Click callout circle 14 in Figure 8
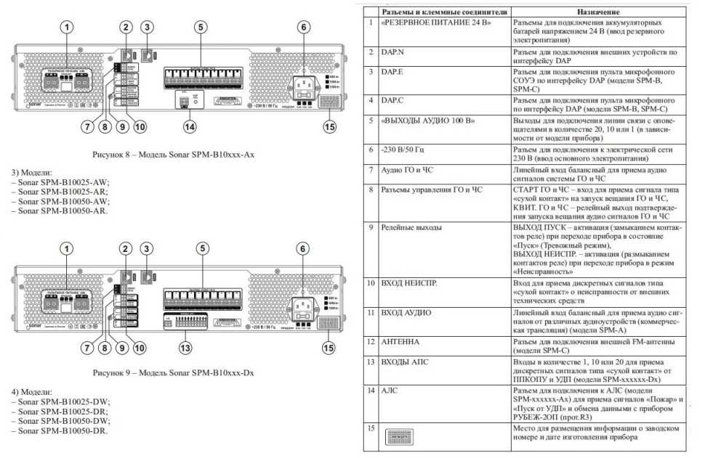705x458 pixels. tap(190, 127)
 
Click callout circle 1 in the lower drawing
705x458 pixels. tap(67, 249)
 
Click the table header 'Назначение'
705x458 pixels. tap(598, 12)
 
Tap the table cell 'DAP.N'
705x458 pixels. tap(393, 53)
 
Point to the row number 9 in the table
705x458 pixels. tap(371, 227)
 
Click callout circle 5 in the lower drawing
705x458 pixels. tap(199, 249)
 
